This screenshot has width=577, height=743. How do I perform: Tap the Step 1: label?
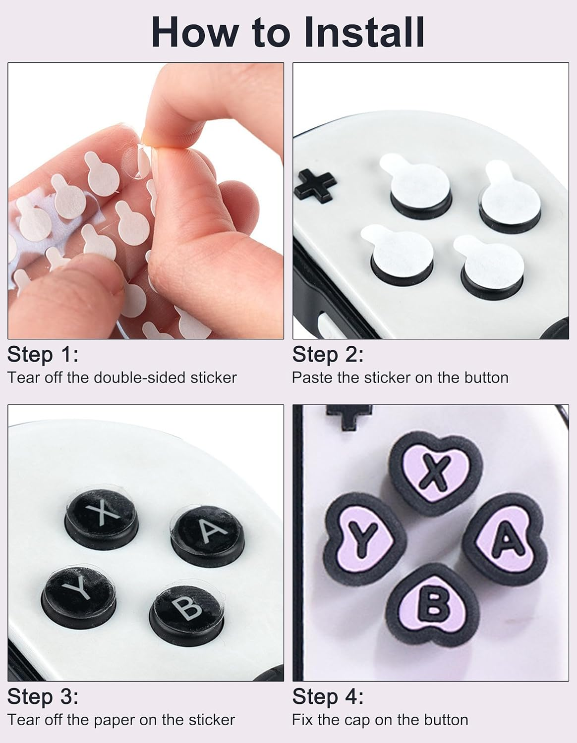click(43, 355)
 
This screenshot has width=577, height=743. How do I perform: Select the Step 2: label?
click(328, 355)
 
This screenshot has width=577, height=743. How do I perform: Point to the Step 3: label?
click(43, 697)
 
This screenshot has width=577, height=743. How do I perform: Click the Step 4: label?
click(328, 697)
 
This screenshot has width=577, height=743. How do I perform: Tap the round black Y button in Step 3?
click(79, 589)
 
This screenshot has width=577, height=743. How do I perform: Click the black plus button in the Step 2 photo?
click(315, 184)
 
